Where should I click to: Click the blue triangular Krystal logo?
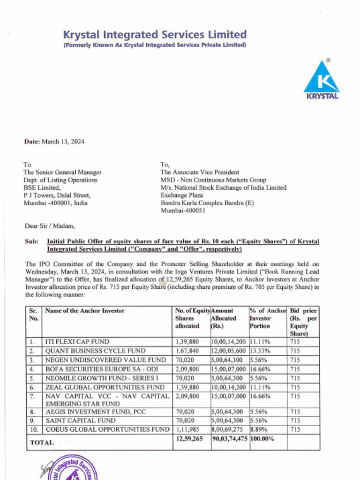pyautogui.click(x=321, y=79)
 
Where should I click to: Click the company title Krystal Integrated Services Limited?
pyautogui.click(x=155, y=34)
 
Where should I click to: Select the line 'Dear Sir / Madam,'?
pyautogui.click(x=49, y=226)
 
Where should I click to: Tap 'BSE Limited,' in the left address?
pyautogui.click(x=42, y=187)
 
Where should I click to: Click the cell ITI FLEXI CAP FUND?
pyautogui.click(x=77, y=342)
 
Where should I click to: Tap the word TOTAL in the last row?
pyautogui.click(x=42, y=442)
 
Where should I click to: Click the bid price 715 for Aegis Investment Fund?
pyautogui.click(x=295, y=412)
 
